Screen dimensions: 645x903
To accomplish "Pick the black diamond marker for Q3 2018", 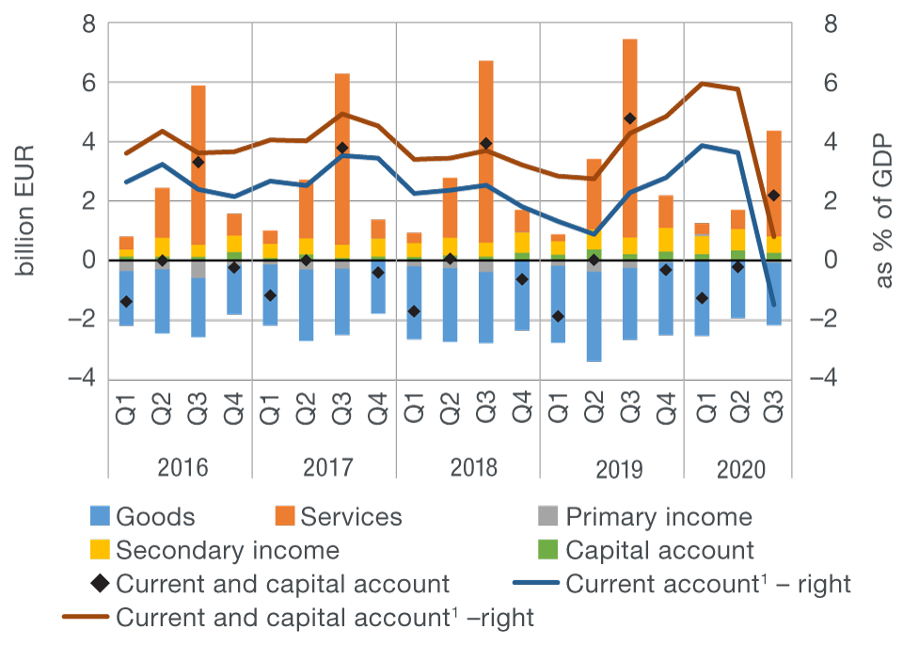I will click(486, 144).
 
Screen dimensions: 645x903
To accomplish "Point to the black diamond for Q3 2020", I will click(773, 196).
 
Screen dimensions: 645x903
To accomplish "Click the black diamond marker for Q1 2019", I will click(558, 316).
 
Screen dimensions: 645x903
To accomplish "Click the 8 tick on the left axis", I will click(89, 24).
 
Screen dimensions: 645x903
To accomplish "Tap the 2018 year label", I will click(468, 468).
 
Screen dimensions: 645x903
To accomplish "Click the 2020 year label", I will click(739, 468).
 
